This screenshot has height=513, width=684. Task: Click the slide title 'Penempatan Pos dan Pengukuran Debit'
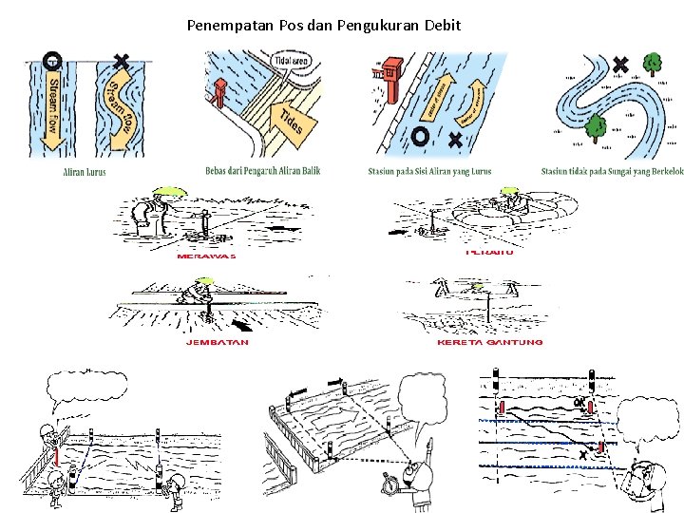[324, 25]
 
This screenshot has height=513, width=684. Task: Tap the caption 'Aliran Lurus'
[85, 172]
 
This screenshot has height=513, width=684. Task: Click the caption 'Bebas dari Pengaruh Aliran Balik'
[262, 172]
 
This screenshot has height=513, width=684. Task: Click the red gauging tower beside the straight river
[389, 77]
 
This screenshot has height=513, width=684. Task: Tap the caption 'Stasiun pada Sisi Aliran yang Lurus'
[429, 172]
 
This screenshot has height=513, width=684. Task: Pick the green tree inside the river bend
[596, 126]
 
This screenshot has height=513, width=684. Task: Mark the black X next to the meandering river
[620, 65]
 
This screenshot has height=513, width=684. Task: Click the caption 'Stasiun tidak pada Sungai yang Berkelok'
[612, 172]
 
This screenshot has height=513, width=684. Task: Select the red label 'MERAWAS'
[206, 256]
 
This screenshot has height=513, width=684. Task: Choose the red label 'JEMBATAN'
[218, 342]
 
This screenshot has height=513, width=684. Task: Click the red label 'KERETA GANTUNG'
[489, 342]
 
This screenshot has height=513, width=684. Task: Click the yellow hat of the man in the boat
[510, 191]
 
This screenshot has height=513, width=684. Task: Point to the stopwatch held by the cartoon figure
[389, 480]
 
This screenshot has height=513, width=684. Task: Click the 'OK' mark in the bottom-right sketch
[579, 402]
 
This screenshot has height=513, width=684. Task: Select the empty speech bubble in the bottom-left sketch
[86, 389]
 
